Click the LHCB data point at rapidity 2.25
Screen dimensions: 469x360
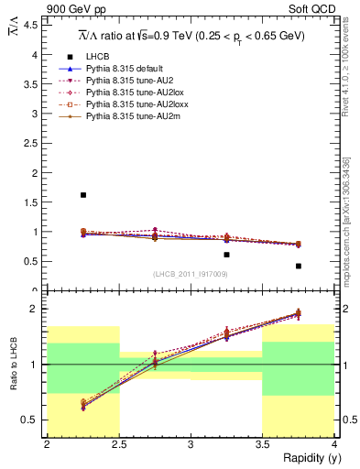83,195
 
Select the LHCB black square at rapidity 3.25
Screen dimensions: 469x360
226,255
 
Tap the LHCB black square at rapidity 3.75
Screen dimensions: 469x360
298,266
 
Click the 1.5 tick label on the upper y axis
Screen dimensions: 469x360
34,202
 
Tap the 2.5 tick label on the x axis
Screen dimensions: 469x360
118,444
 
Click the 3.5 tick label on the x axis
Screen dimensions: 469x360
262,444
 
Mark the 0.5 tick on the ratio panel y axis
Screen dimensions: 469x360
34,420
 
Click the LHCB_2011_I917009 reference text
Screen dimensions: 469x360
190,274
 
